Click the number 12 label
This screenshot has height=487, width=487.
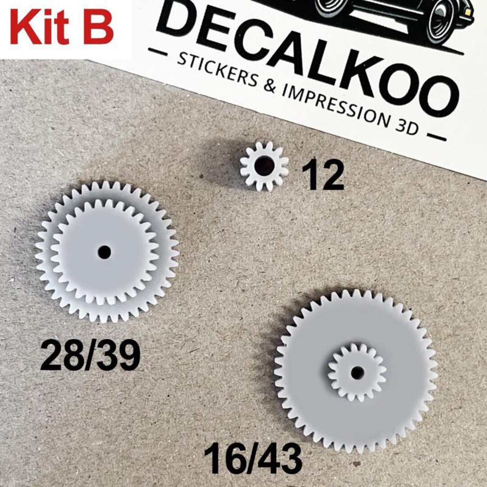(322, 175)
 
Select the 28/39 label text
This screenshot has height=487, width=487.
(90, 356)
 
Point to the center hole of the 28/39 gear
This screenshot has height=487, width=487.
(104, 252)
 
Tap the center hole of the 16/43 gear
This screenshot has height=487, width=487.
(358, 372)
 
